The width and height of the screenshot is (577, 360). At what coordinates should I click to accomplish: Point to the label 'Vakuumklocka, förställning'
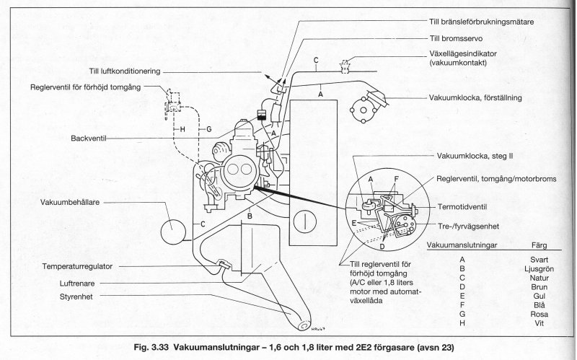click(475, 97)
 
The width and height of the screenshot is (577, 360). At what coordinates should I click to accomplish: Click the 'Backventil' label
click(89, 138)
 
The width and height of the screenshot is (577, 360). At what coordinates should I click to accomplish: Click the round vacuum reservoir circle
click(174, 232)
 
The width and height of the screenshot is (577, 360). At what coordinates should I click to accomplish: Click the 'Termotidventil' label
click(480, 206)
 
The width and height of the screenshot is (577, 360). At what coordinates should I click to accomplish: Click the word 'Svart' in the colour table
click(539, 256)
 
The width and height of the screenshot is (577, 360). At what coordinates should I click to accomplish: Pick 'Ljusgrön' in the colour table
click(539, 266)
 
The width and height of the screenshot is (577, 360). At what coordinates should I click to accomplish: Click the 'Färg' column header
click(539, 245)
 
